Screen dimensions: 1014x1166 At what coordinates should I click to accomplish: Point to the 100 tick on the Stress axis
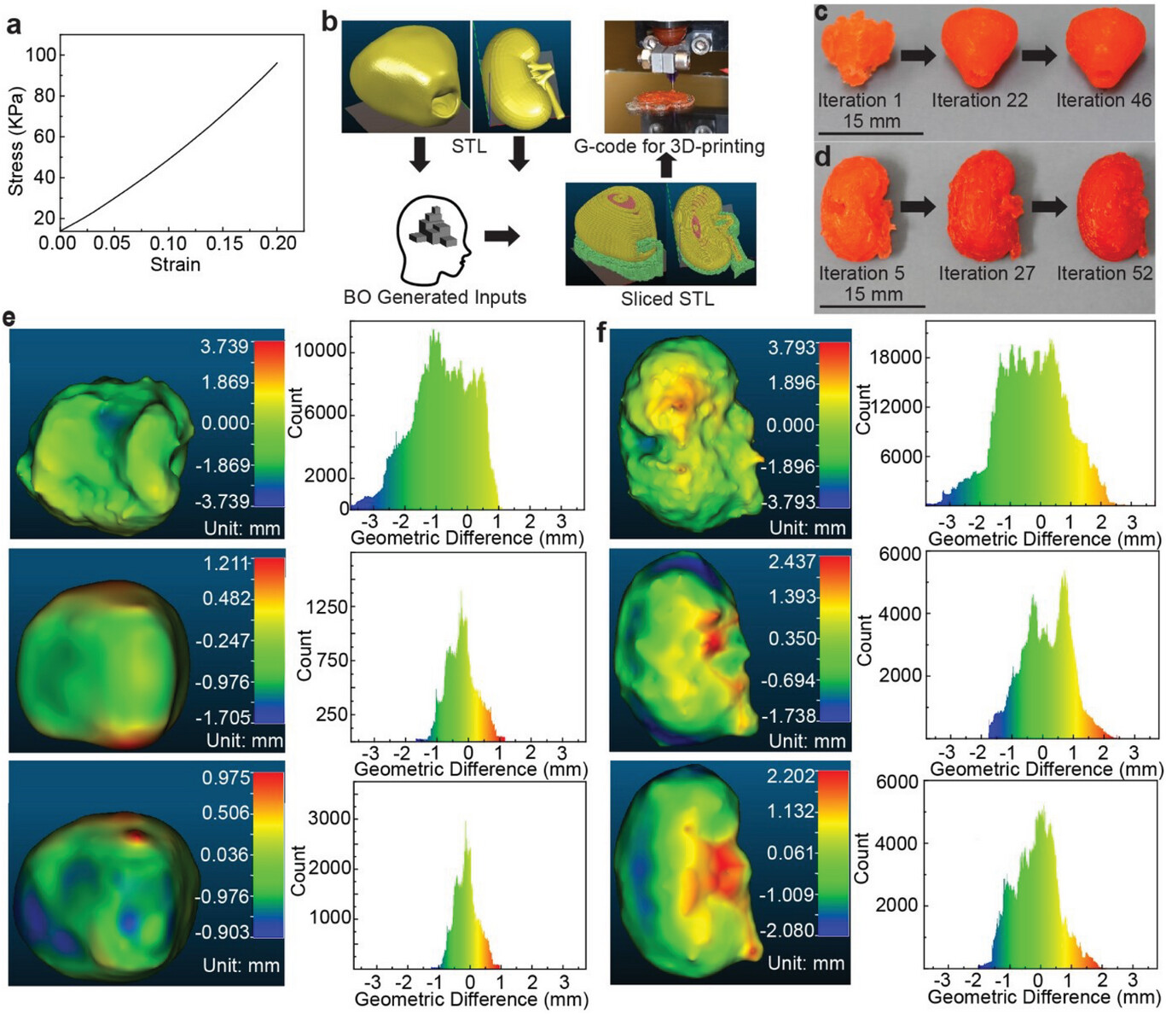tap(41, 55)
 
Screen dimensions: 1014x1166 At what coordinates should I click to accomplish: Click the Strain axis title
tap(175, 265)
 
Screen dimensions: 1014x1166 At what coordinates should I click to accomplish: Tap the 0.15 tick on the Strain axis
tap(223, 243)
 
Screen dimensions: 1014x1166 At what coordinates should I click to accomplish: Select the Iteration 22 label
tap(979, 101)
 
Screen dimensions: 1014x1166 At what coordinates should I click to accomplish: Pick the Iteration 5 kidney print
tap(856, 213)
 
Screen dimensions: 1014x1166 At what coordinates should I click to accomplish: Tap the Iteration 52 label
tap(1105, 274)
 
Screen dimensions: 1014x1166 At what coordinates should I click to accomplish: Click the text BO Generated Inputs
tap(434, 297)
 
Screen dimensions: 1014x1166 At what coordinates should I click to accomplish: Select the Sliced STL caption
tap(667, 299)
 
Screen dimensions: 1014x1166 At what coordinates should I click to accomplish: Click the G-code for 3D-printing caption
tap(669, 147)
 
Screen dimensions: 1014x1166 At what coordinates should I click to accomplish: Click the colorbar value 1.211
tap(226, 563)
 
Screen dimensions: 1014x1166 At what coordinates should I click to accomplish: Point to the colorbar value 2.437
tap(792, 562)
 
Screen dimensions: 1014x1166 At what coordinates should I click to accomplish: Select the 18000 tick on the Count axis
tap(896, 357)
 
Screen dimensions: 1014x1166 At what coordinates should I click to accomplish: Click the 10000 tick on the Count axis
tap(321, 351)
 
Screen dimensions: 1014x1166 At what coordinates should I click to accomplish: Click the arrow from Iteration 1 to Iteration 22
tap(917, 55)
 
